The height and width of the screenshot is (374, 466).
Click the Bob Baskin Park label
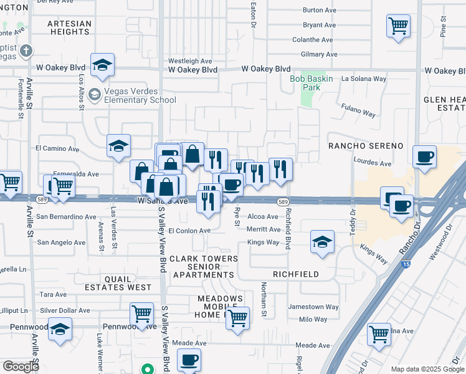click(x=311, y=84)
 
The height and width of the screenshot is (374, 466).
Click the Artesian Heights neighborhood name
click(x=69, y=27)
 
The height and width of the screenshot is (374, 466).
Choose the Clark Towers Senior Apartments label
click(x=204, y=266)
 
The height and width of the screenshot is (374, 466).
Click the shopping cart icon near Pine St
click(x=399, y=26)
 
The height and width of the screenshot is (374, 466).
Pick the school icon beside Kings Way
click(x=321, y=242)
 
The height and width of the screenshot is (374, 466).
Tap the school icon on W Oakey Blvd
click(x=102, y=64)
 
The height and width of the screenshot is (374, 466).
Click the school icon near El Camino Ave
click(x=118, y=146)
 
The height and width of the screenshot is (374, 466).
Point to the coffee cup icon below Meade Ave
click(x=189, y=360)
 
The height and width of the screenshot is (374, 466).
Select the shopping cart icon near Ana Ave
click(x=379, y=333)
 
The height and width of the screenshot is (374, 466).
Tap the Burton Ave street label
click(x=319, y=11)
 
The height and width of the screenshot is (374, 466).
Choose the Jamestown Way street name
click(x=313, y=307)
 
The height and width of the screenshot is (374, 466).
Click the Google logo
click(x=20, y=367)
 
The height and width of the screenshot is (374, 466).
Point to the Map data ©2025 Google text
click(x=427, y=369)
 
